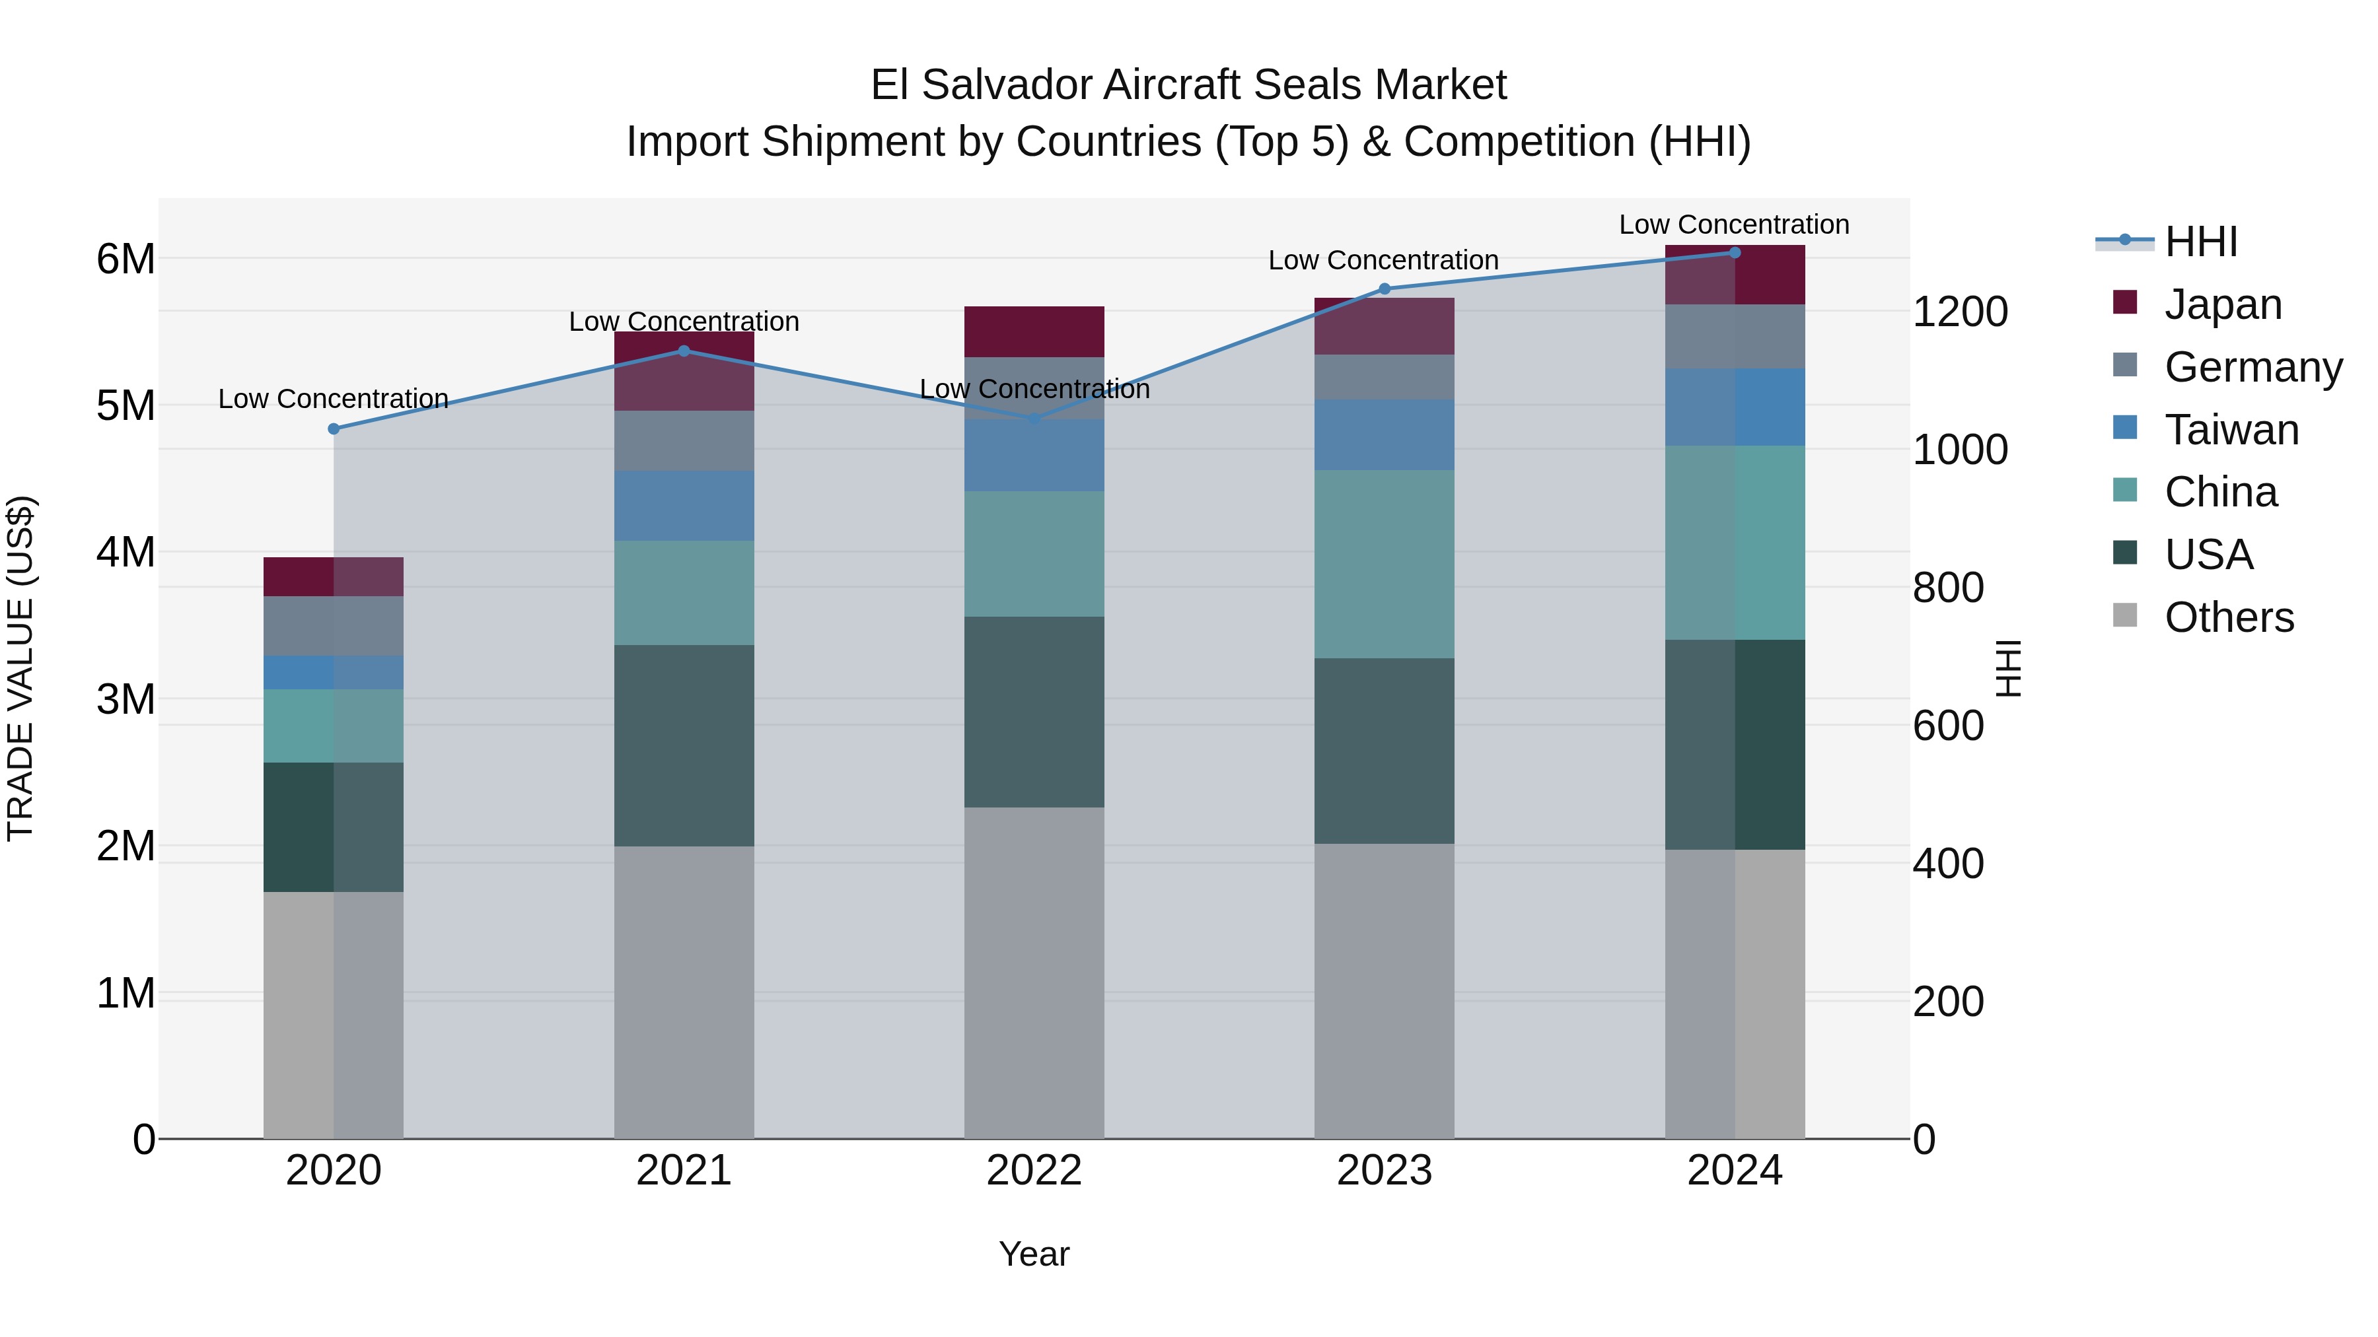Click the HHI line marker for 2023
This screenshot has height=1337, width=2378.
click(x=1384, y=289)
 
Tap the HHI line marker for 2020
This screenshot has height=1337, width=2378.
click(x=334, y=429)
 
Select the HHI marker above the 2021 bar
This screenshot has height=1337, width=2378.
click(x=684, y=351)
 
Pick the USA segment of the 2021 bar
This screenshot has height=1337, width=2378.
click(x=684, y=745)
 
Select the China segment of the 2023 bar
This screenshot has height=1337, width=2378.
click(x=1384, y=564)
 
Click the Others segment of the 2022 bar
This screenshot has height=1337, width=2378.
click(x=1034, y=973)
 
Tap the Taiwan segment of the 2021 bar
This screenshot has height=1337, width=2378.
click(x=684, y=506)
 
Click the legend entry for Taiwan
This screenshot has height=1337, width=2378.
click(x=2230, y=430)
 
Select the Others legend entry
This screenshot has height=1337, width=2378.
click(x=2229, y=617)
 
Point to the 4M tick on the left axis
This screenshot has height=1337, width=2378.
click(x=126, y=553)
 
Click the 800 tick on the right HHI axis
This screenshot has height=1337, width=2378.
click(x=1948, y=588)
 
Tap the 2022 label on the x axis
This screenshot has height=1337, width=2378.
click(x=1034, y=1171)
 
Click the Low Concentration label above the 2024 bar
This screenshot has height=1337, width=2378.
click(x=1734, y=224)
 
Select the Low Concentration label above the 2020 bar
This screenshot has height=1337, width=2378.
click(x=334, y=399)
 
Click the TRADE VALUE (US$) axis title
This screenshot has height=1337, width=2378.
click(x=21, y=668)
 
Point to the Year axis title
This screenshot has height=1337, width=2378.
click(x=1034, y=1254)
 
